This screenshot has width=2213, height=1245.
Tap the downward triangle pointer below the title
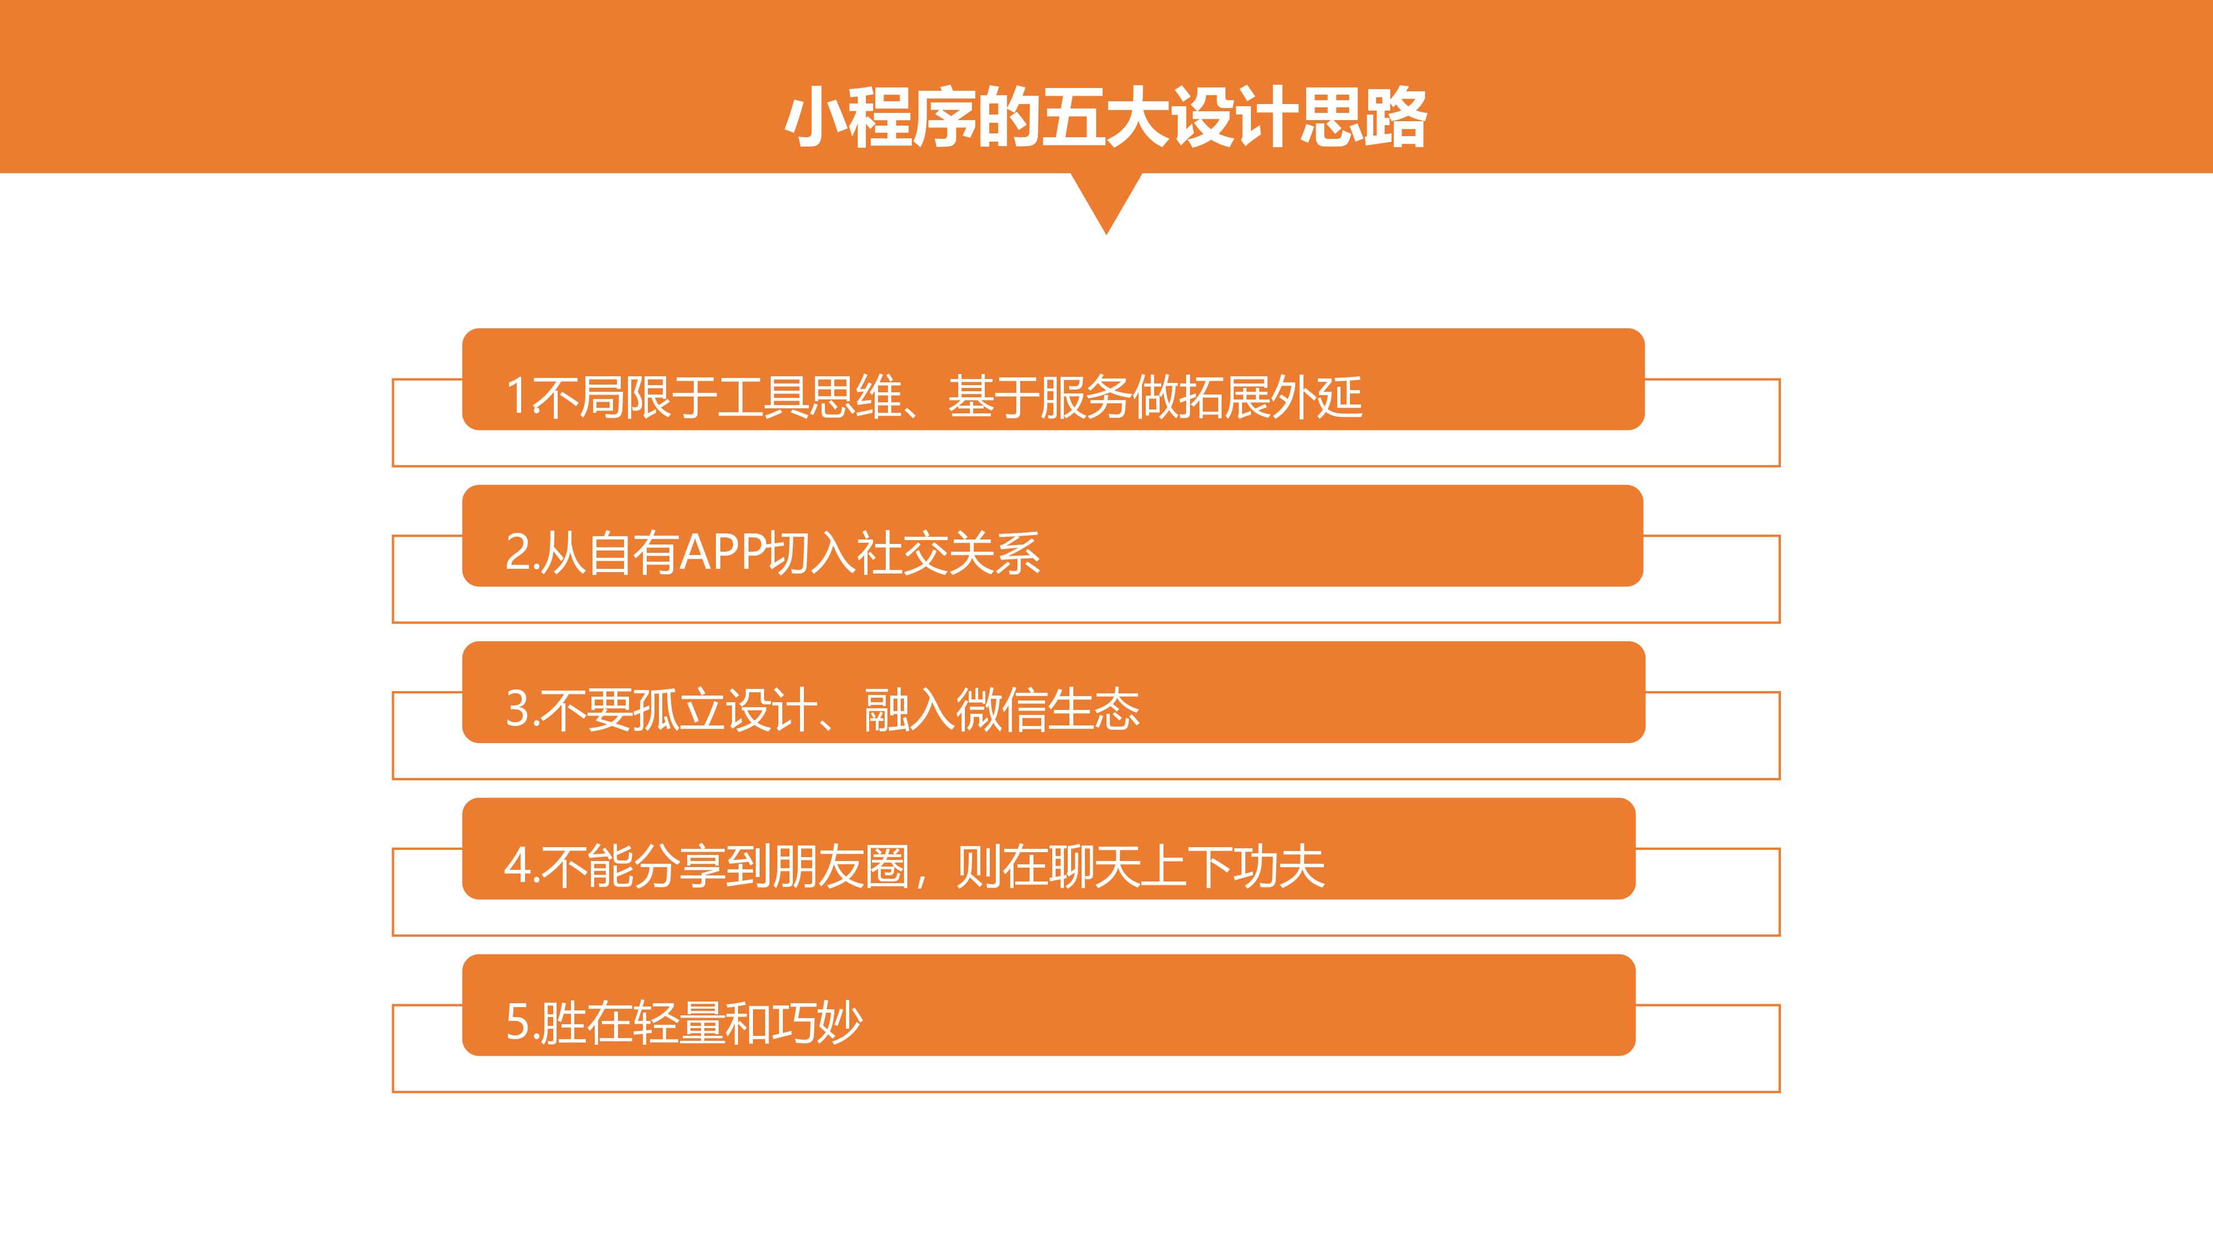click(x=1106, y=203)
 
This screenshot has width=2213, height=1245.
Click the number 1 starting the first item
click(x=516, y=397)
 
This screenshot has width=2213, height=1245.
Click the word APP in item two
click(x=721, y=552)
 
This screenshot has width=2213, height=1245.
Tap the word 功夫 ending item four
click(x=1279, y=866)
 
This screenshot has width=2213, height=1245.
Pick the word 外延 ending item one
click(x=1316, y=397)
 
